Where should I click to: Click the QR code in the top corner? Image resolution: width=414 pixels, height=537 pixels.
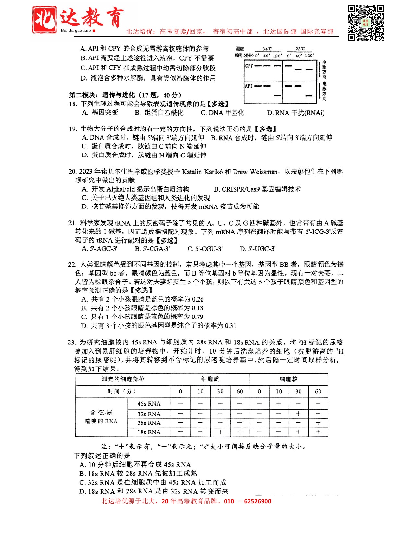[366, 23]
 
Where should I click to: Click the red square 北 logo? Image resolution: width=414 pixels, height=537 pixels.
[44, 20]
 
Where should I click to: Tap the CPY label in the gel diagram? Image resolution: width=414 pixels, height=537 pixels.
[249, 66]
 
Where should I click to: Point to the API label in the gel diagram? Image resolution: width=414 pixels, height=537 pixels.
[249, 86]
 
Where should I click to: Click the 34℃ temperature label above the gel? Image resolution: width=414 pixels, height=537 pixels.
[267, 49]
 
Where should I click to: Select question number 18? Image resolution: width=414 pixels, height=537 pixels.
[73, 104]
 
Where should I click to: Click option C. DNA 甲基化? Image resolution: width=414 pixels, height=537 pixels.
[223, 113]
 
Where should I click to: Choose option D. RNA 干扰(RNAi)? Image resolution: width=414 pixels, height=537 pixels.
[296, 113]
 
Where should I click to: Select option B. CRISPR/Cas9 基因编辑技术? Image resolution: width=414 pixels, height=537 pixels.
[257, 189]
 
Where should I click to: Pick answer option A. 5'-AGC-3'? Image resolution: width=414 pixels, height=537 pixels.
[100, 249]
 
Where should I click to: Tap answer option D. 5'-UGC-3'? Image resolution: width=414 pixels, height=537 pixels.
[258, 249]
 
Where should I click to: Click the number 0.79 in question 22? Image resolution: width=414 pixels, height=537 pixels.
[198, 317]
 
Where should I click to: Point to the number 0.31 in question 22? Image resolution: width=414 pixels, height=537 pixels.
[230, 326]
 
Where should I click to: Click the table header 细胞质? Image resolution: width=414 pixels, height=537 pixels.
[210, 379]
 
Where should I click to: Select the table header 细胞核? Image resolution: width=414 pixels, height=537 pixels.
[288, 379]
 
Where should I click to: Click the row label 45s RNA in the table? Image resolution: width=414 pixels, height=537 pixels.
[149, 404]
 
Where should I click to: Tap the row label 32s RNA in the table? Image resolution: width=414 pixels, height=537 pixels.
[149, 414]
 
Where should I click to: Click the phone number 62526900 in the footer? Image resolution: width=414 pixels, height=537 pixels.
[257, 501]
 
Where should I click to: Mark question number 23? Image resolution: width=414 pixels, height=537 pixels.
[72, 343]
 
